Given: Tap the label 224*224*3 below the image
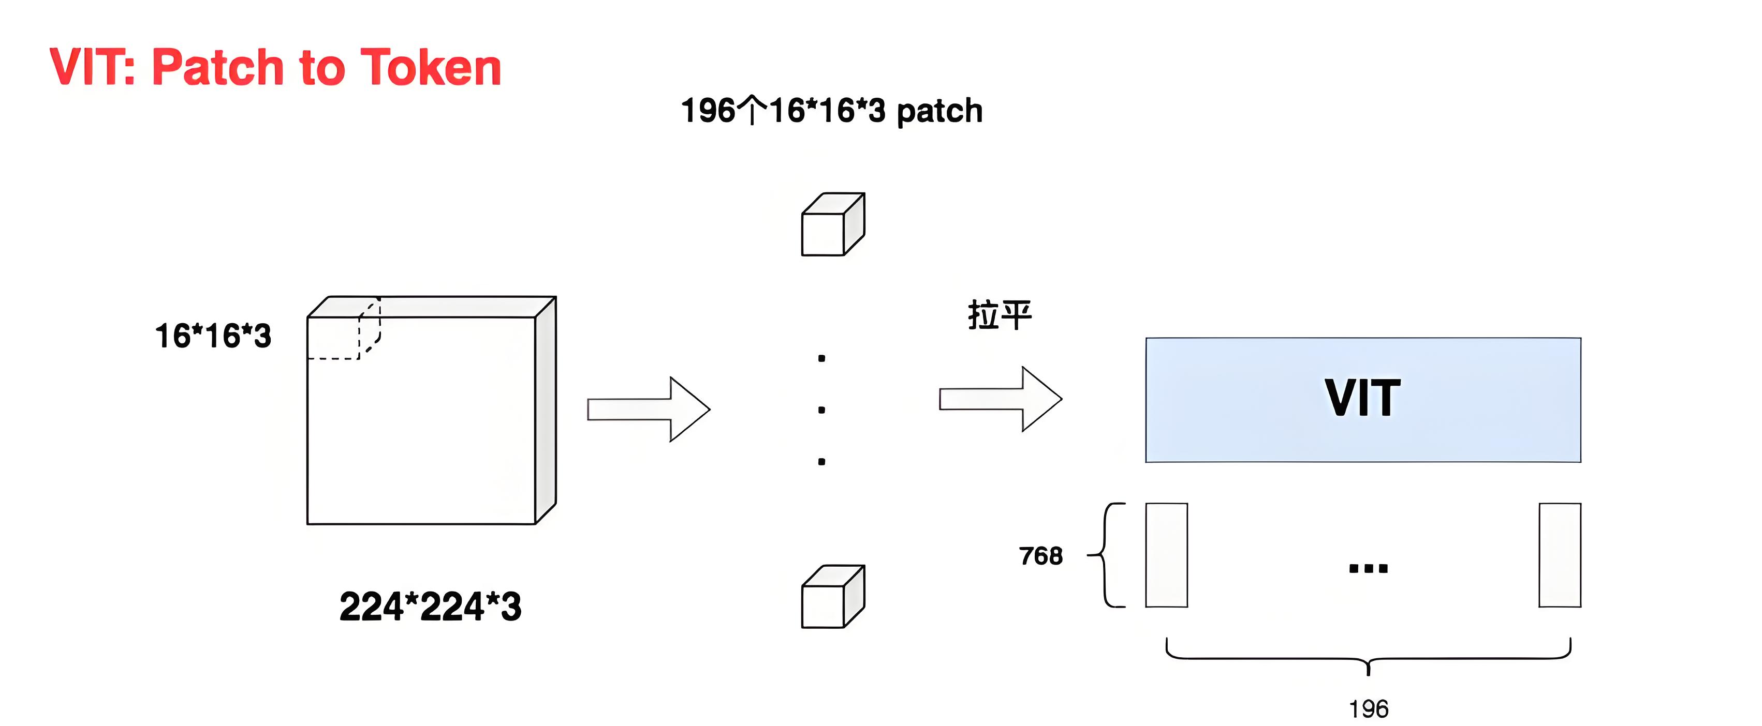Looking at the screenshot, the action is coord(430,607).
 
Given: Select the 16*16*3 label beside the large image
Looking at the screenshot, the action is coord(213,336).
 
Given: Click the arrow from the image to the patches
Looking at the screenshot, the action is coord(649,409).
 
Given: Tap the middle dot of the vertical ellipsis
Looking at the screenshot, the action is coord(821,410).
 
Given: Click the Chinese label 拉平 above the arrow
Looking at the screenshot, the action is coord(1000,315).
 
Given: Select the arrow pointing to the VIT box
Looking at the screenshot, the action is coord(1001,399).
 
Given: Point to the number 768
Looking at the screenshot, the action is coord(1041,556).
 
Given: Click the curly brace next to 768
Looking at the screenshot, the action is coord(1105,555).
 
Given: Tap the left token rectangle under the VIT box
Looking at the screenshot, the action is coord(1167,555).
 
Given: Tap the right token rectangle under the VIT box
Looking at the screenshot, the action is coord(1560,555).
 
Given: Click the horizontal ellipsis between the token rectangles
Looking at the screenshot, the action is coord(1368,568).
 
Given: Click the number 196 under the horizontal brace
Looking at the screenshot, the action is coord(1369,709).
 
